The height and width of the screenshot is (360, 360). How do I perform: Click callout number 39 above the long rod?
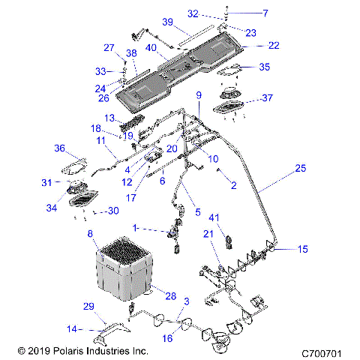168,21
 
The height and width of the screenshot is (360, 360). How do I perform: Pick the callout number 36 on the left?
60,148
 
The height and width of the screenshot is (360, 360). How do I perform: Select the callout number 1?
134,226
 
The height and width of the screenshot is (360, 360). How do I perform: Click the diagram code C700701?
322,350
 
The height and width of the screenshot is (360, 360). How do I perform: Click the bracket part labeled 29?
105,326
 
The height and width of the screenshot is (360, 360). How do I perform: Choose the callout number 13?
109,118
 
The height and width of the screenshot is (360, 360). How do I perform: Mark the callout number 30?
113,211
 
